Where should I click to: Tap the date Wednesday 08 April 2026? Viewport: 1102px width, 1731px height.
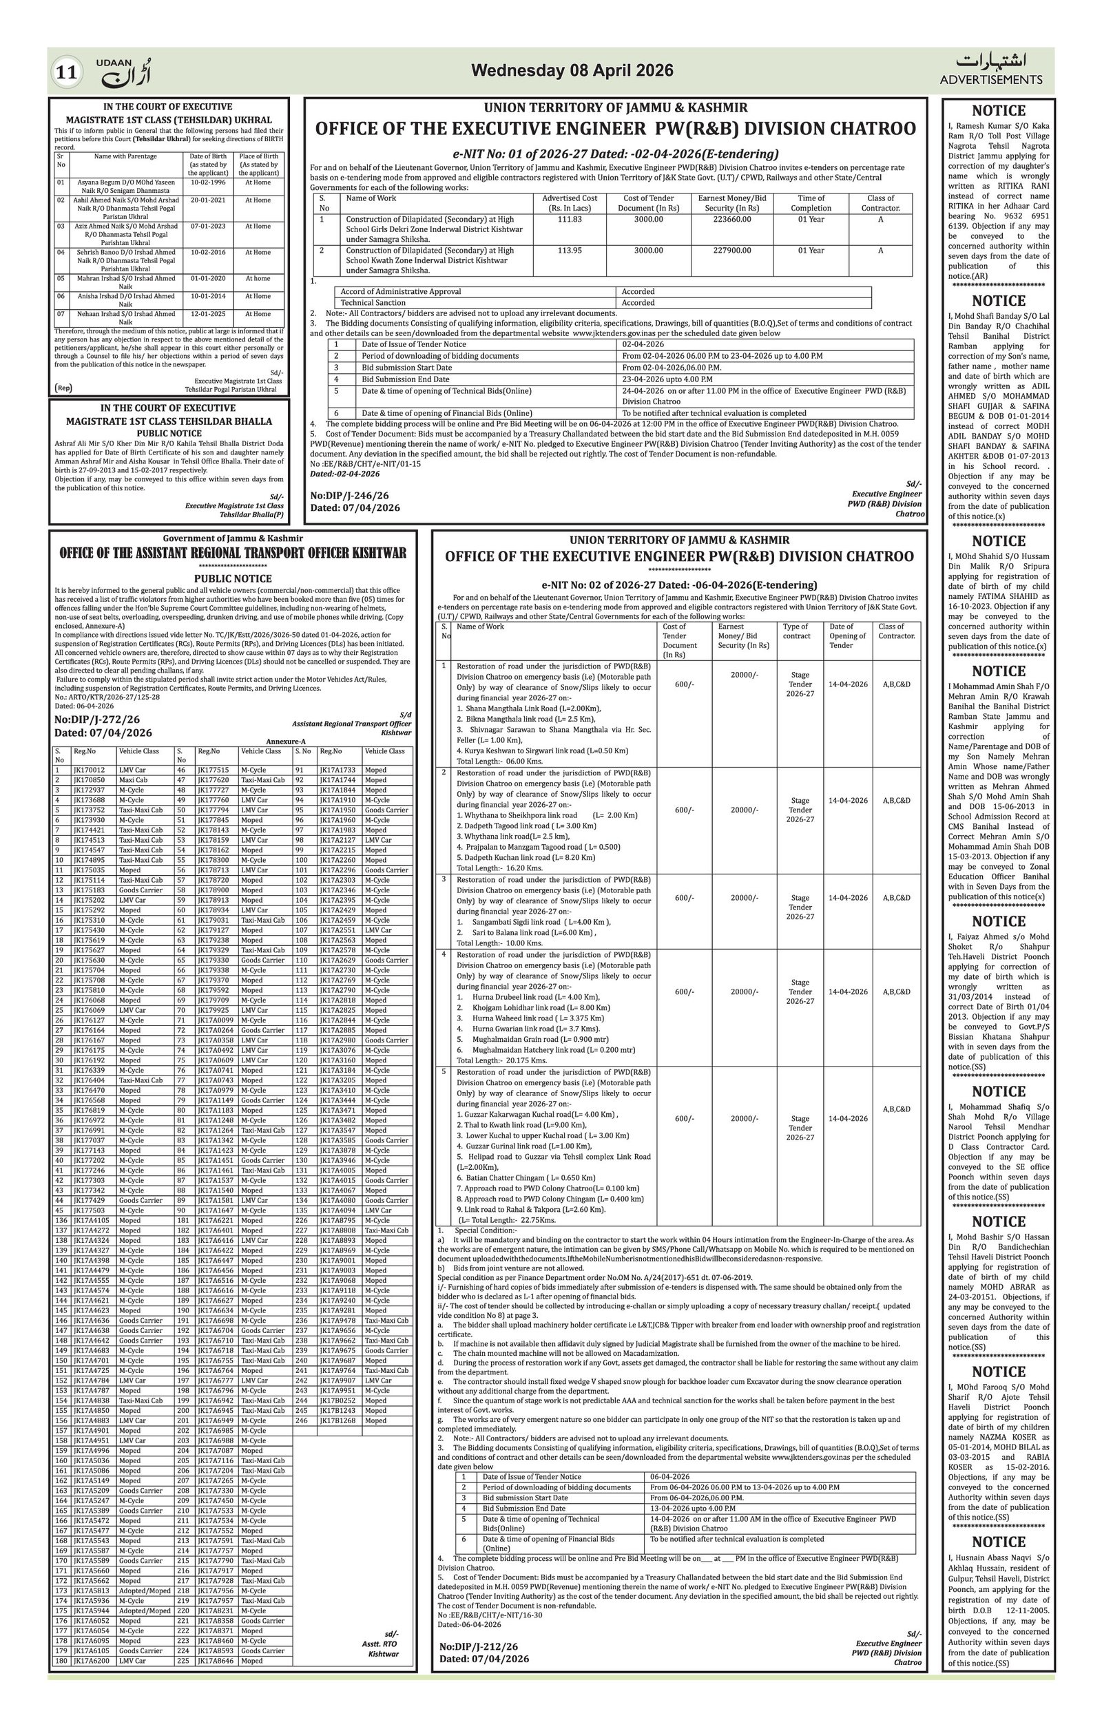(572, 70)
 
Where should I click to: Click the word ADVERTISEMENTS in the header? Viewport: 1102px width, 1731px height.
(990, 80)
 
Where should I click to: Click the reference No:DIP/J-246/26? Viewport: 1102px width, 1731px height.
(349, 496)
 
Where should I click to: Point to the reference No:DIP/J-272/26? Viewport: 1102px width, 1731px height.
(97, 719)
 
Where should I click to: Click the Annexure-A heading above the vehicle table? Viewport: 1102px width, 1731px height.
(286, 741)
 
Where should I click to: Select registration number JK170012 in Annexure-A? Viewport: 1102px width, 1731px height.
(90, 770)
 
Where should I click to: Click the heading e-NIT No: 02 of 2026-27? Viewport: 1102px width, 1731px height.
(678, 585)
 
